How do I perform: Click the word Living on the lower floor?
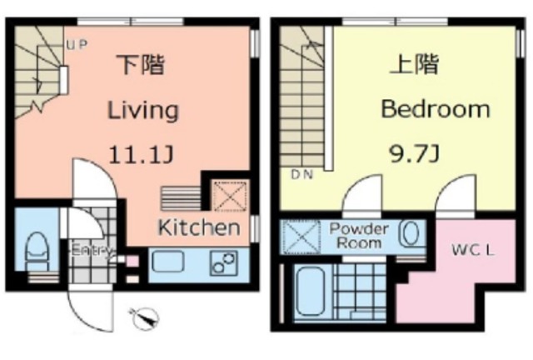[143, 110]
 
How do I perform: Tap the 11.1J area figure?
[141, 155]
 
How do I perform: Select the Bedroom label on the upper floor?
[436, 109]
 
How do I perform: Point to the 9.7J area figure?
[415, 154]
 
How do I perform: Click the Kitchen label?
[200, 227]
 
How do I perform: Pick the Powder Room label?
[359, 236]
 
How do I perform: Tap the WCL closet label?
[473, 251]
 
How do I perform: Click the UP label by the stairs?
[77, 44]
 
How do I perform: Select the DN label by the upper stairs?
[301, 174]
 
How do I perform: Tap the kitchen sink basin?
[168, 261]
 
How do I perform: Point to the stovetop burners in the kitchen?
[223, 263]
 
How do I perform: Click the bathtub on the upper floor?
[310, 292]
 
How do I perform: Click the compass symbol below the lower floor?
[146, 318]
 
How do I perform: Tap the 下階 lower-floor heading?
[141, 64]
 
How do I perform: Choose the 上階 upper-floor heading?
[414, 63]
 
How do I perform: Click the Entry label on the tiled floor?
[91, 251]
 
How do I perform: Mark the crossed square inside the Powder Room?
[301, 237]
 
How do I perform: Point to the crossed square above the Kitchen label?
[230, 197]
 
